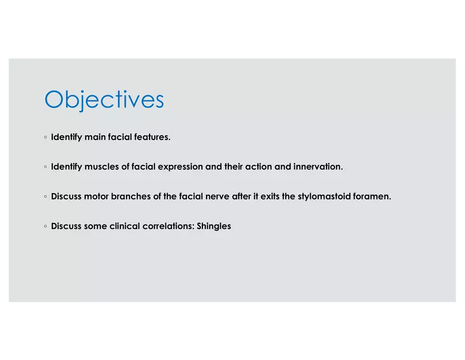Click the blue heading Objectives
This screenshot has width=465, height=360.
point(104,100)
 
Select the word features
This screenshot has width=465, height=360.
point(152,137)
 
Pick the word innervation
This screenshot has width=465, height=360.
point(318,167)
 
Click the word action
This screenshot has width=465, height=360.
point(258,167)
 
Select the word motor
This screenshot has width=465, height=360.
point(96,197)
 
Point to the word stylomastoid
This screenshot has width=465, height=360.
point(324,197)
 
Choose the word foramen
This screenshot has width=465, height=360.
point(372,196)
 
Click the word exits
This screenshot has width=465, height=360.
point(270,196)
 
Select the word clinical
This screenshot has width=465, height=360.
point(125,226)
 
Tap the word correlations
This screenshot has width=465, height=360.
point(169,226)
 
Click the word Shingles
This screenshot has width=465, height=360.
point(214,226)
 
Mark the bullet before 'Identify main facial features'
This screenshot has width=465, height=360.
point(45,137)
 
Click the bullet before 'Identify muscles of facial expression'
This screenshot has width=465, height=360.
point(45,167)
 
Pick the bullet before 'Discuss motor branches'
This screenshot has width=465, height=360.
point(45,197)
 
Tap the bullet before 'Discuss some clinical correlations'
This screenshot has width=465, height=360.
point(45,226)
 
